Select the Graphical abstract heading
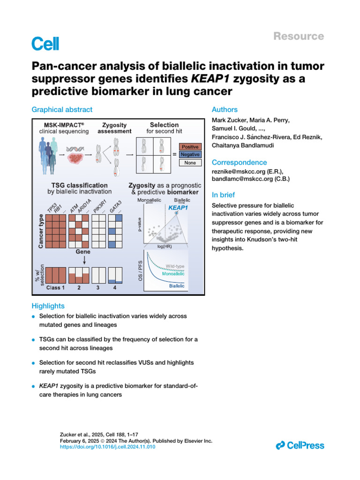pos(62,110)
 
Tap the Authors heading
pos(225,110)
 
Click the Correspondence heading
pos(240,162)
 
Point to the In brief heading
pos(224,195)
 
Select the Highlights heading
pos(48,306)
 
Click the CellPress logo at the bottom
pos(300,445)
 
